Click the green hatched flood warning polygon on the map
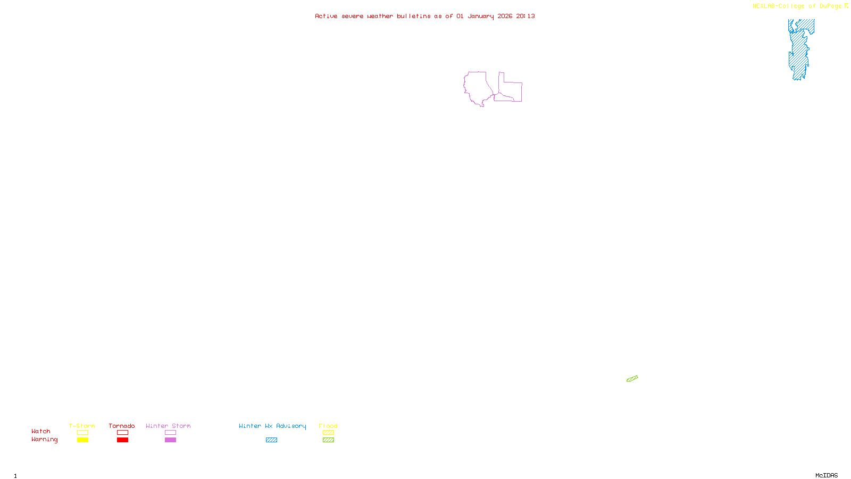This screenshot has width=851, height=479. pos(632,379)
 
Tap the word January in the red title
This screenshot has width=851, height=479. pos(480,16)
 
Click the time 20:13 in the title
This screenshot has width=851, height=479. pos(525,16)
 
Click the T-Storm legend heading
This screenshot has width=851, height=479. pos(82,426)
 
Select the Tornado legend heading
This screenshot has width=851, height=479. pos(122,426)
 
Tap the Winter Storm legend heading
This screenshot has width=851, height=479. pos(168,426)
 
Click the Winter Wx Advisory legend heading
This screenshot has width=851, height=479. pos(272,426)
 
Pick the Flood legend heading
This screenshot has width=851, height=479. pos(328,426)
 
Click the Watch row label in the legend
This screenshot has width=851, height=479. pos(41,432)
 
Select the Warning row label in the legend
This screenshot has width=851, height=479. pos(44,440)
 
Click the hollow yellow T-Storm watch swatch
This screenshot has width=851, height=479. pos(82,433)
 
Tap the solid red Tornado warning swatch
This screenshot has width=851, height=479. pos(122,440)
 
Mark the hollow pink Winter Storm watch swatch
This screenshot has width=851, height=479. pos(170,433)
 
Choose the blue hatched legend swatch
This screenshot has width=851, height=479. pos(271,440)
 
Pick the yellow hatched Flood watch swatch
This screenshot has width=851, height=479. pos(328,433)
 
